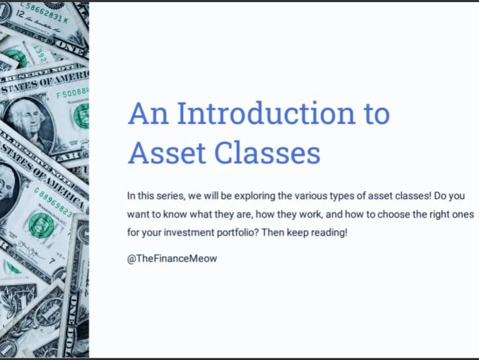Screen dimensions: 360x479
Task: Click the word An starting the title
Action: click(x=147, y=113)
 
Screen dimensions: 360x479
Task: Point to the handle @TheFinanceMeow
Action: click(x=172, y=259)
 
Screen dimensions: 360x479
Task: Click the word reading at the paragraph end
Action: click(x=332, y=233)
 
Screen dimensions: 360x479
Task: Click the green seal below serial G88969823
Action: click(x=42, y=225)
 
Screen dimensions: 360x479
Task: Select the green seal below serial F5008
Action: click(x=82, y=115)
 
